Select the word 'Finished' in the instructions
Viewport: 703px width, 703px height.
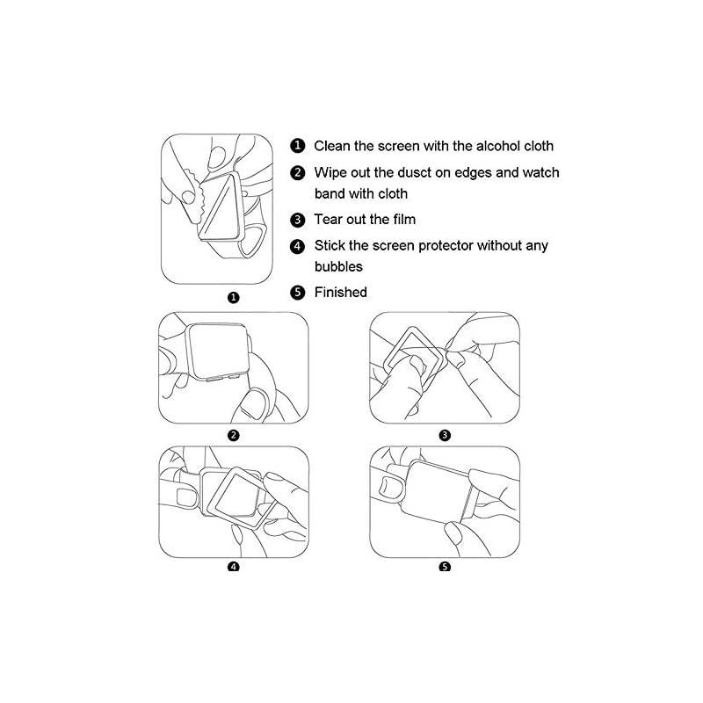[x=340, y=292]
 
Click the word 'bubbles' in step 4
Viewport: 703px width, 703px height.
[x=338, y=265]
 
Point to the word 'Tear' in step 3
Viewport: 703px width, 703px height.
[x=330, y=219]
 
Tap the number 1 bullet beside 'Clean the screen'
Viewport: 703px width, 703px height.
[x=299, y=146]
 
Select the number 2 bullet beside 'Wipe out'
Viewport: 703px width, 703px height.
[x=299, y=173]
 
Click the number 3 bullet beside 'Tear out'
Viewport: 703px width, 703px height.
[x=299, y=220]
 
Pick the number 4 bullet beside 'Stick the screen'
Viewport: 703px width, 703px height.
[x=299, y=246]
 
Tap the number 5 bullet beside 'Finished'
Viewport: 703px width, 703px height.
[x=299, y=293]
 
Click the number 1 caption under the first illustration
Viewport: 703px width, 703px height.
[x=233, y=297]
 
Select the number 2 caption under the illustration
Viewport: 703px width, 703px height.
[x=233, y=435]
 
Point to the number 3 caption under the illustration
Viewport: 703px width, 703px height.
[x=445, y=435]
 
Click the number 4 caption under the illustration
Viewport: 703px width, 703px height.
[x=233, y=567]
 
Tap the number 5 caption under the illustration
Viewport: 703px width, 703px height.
[x=445, y=567]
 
